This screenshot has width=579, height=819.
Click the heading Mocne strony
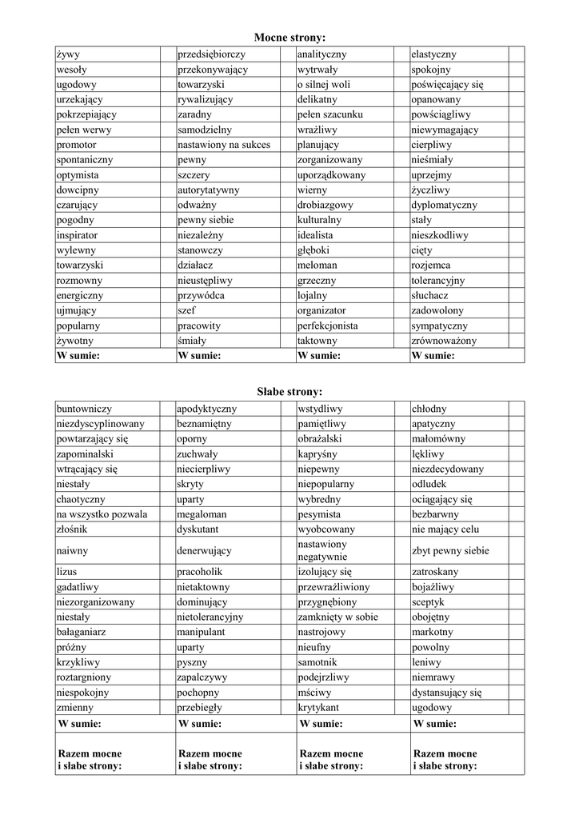[289, 38]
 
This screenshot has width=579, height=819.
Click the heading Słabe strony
[289, 392]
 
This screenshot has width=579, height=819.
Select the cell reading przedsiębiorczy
[211, 54]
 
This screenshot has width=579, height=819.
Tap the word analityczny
[321, 54]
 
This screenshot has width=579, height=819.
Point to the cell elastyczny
[433, 54]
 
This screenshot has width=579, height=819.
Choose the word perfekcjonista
[327, 326]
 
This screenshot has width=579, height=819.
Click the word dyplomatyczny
[444, 206]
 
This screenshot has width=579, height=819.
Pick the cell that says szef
[186, 311]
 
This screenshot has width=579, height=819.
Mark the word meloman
[317, 266]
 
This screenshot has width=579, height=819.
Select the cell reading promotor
[76, 146]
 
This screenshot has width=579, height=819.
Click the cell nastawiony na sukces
[224, 146]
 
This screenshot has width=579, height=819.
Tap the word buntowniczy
[84, 409]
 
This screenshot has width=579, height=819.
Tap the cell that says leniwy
[426, 663]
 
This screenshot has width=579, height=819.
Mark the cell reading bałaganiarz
[82, 633]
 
